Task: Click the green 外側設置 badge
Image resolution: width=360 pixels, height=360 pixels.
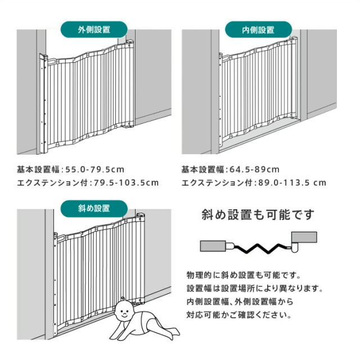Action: point(94,29)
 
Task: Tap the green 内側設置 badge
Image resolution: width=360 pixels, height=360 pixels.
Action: point(258,29)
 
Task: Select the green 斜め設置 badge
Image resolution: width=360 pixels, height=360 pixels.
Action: point(94,209)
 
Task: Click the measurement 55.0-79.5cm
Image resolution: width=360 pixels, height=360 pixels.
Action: point(95,170)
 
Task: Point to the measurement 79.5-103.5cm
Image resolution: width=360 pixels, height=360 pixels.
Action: point(126,183)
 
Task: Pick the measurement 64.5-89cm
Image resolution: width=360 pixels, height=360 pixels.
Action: point(254,170)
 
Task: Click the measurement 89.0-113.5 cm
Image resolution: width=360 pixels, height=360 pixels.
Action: point(292,183)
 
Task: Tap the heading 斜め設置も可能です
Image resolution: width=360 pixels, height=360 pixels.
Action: point(258,215)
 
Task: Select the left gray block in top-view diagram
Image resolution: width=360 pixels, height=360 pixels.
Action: point(213,246)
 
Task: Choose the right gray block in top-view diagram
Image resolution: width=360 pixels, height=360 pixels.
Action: point(304,237)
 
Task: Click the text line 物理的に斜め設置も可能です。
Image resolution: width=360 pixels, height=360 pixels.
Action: point(244,275)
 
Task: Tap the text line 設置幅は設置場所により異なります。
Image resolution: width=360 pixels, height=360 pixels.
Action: point(255,289)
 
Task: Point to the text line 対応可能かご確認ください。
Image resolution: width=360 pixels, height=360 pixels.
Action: point(239,315)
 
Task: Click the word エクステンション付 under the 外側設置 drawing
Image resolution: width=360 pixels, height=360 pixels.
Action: point(52,183)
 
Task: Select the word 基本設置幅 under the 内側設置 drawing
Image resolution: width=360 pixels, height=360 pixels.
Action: point(202,170)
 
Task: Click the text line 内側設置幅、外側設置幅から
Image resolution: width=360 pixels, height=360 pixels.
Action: point(240,301)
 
